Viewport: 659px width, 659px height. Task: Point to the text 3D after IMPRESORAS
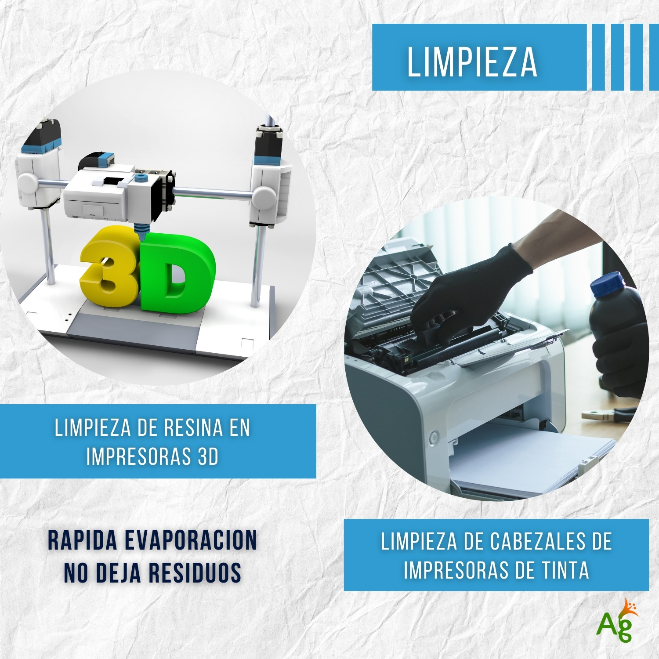[x=208, y=456]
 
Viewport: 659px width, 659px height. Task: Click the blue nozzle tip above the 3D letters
[x=140, y=232]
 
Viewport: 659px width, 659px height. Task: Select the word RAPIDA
[x=83, y=540]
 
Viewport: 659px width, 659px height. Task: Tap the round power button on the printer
[x=434, y=437]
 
